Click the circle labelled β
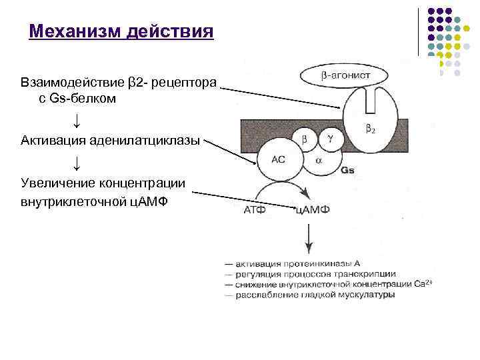[305, 139]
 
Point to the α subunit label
[318, 161]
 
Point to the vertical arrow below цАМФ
[308, 238]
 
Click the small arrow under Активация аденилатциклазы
[77, 163]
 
